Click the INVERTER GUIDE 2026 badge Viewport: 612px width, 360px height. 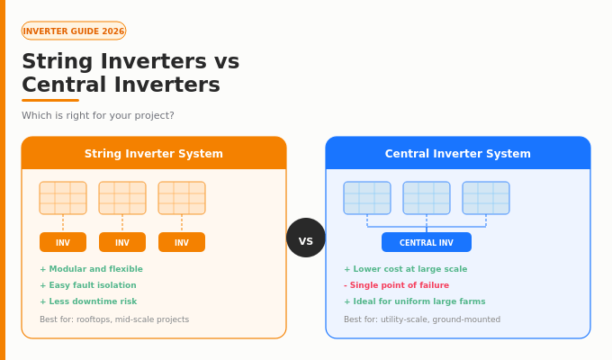[x=74, y=31]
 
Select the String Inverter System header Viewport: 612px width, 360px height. [x=154, y=154]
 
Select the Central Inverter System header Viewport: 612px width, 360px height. [x=458, y=154]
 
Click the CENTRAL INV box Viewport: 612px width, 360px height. [x=427, y=242]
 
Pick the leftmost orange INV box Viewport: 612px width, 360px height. [x=63, y=242]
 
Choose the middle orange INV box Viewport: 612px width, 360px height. [x=122, y=242]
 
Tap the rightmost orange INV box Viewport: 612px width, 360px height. [x=182, y=242]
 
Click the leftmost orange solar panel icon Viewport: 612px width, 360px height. [x=63, y=198]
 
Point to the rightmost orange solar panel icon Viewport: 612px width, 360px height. [x=182, y=198]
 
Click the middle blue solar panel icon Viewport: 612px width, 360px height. [x=427, y=198]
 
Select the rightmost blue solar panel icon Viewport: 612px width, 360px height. [x=486, y=198]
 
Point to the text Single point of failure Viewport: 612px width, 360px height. [x=396, y=285]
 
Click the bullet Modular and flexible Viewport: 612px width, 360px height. [x=91, y=269]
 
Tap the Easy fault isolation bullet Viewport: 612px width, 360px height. [x=88, y=285]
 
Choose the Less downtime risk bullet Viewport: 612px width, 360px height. [x=88, y=301]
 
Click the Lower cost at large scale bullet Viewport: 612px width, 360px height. [x=405, y=269]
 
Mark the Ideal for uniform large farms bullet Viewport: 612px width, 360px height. [x=414, y=301]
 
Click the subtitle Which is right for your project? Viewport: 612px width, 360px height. [x=98, y=116]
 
